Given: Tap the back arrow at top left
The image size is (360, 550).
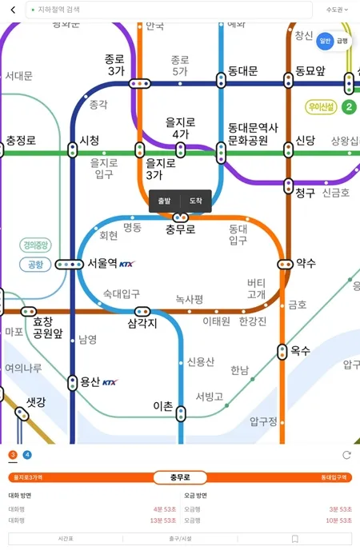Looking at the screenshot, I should (x=12, y=10).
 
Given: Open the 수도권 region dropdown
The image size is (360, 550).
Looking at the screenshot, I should (x=336, y=10).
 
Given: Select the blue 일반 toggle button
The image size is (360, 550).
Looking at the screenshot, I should (x=325, y=41).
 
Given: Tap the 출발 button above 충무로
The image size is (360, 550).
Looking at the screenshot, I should (x=165, y=201).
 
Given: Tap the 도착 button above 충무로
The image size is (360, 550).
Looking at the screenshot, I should (x=196, y=201).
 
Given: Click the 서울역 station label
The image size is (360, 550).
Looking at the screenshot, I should (x=102, y=262).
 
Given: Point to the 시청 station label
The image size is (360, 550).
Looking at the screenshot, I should (x=90, y=141).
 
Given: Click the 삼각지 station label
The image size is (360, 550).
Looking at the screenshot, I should (x=142, y=324).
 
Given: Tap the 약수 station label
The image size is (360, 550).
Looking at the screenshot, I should (x=306, y=263).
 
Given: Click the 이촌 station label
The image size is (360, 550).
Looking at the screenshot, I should (x=162, y=406).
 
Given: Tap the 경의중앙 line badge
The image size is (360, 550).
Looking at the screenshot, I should (x=36, y=245).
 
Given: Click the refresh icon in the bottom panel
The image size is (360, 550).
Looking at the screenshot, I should (x=346, y=455).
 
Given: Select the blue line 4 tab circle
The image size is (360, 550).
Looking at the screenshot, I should (x=28, y=455).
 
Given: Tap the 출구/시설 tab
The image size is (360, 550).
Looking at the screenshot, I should (x=179, y=539).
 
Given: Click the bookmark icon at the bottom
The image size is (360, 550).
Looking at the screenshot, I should (x=295, y=539).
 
